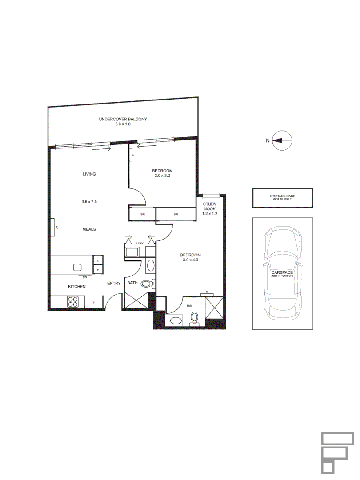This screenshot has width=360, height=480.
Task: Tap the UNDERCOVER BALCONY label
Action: coord(123,120)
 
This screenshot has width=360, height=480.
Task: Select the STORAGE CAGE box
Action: coord(282,197)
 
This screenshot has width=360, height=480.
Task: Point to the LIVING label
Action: coord(89,174)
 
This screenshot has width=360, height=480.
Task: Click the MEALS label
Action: coord(89,229)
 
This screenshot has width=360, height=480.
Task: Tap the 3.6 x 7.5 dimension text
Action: coord(89,202)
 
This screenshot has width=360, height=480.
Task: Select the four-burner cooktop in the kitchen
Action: coord(73,302)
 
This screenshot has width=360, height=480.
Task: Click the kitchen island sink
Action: coord(78,267)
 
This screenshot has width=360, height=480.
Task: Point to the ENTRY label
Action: coord(114,284)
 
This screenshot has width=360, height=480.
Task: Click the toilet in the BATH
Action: coord(147,283)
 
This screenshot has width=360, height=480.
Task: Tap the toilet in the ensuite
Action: coord(194,319)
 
